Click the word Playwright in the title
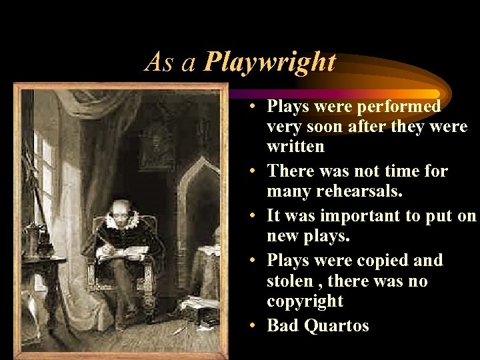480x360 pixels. pos(270,63)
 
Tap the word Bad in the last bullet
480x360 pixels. pos(284,325)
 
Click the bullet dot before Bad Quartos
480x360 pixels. pos(256,325)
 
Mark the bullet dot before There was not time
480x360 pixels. pos(256,171)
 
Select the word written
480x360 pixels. pos(295,147)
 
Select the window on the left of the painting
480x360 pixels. pos(43,173)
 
